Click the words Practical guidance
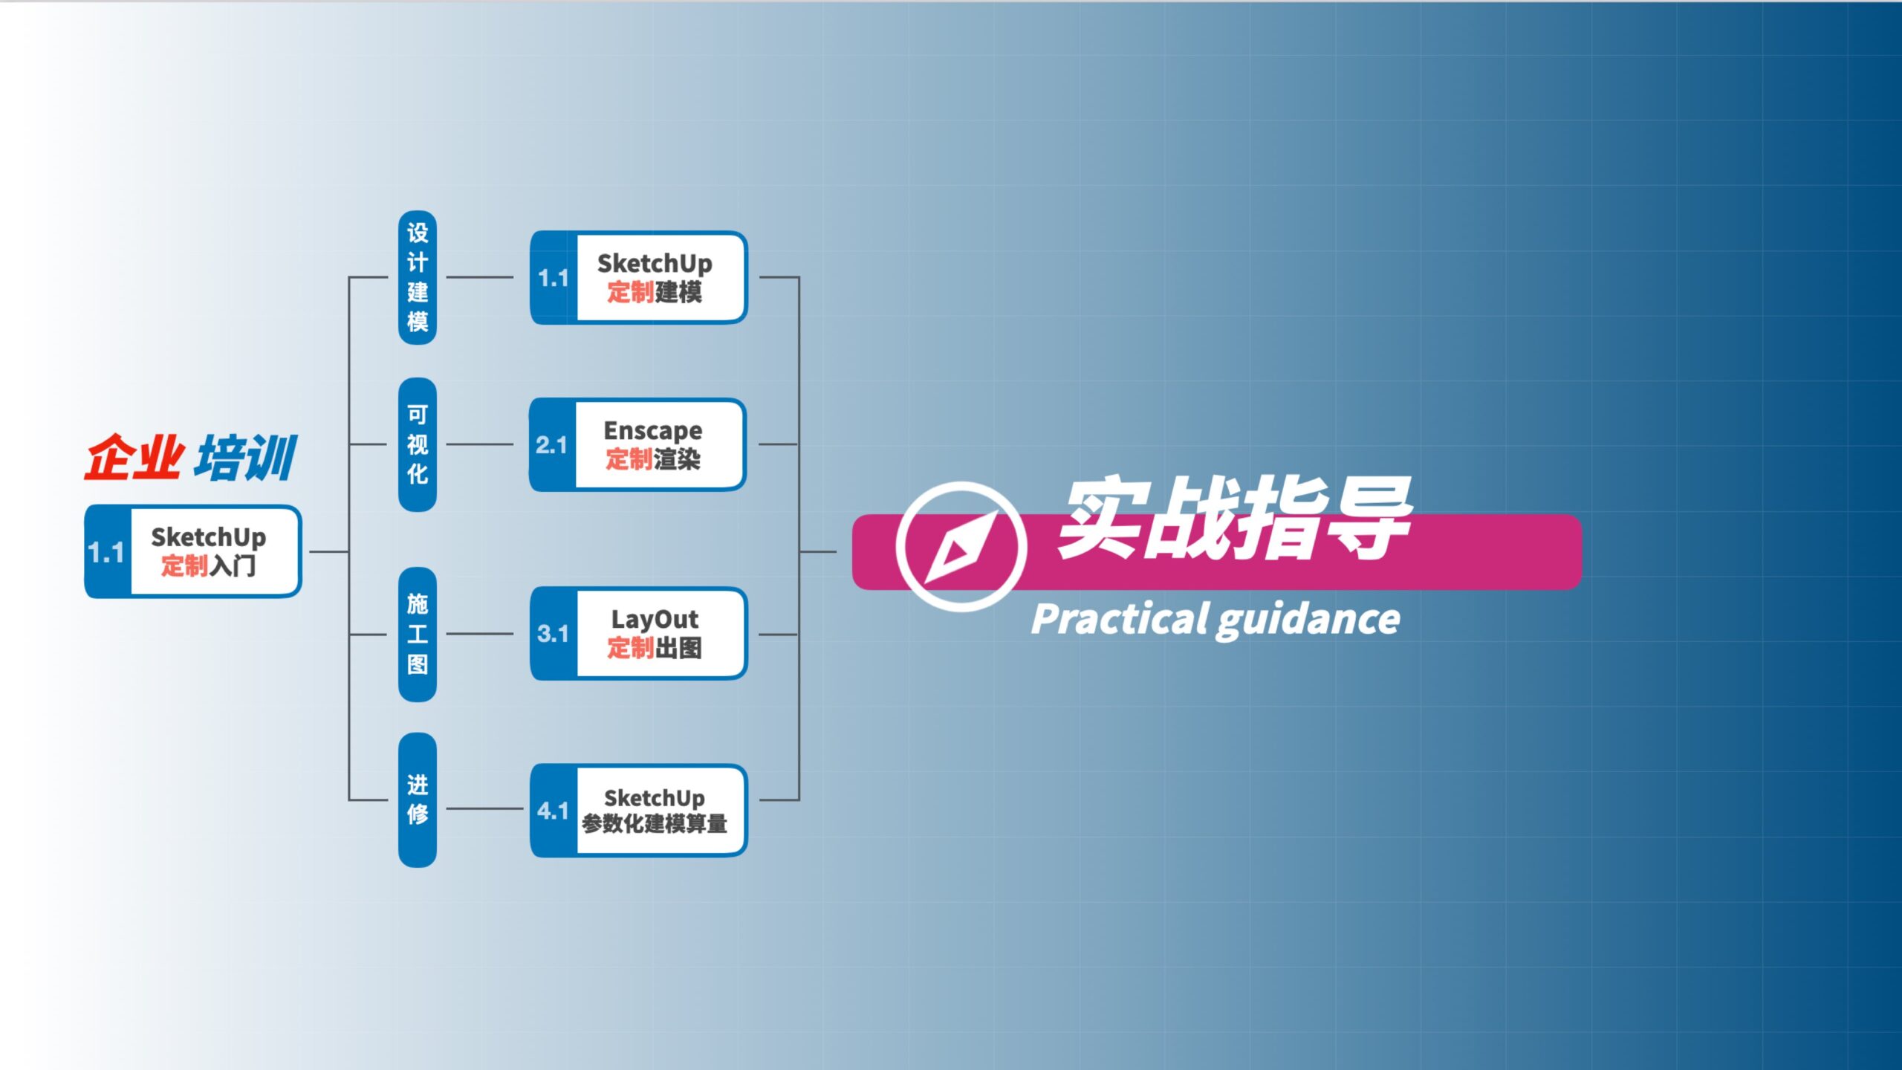coord(1215,620)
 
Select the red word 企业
coord(134,457)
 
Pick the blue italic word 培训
coord(246,457)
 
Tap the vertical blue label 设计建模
coord(418,277)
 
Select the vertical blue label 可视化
coord(418,444)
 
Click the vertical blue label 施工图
coord(418,634)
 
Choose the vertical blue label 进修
coord(418,800)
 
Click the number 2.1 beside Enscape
coord(551,445)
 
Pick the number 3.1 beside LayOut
coord(553,634)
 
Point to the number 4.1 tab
coord(553,811)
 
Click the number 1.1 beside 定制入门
coord(106,552)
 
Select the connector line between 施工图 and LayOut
coord(479,634)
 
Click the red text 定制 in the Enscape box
coord(629,459)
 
